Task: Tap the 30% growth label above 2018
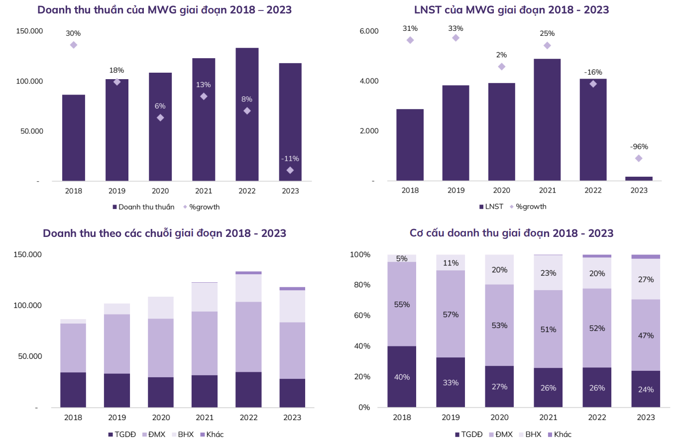click(73, 33)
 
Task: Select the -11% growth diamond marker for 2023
click(290, 170)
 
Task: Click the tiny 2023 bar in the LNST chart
click(639, 178)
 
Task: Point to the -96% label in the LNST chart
click(639, 147)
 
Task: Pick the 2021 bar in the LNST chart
click(547, 119)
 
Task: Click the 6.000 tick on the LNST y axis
click(369, 31)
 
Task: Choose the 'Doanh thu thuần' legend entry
click(143, 207)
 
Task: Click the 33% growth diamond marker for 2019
click(455, 38)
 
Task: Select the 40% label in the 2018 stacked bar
click(402, 377)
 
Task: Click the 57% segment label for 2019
click(451, 315)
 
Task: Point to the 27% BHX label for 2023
click(646, 280)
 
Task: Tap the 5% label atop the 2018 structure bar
click(402, 258)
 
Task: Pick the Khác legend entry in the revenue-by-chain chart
click(212, 435)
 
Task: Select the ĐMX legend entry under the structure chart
click(504, 435)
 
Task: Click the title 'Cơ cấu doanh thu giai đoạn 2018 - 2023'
click(511, 233)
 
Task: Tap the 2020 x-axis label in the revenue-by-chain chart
click(161, 417)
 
